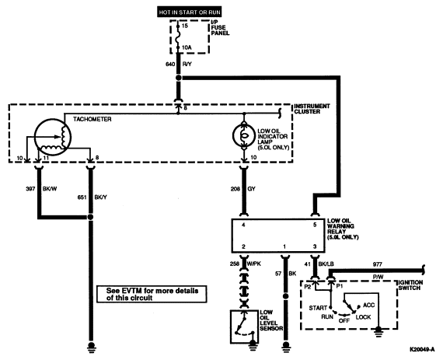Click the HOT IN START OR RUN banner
190,12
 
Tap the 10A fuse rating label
187,47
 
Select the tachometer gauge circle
53,137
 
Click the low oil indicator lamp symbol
244,135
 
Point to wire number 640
170,65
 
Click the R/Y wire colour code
187,65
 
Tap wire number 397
30,188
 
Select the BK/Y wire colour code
100,197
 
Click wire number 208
235,188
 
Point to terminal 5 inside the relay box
315,225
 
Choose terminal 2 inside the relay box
243,246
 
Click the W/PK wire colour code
254,264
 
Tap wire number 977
378,264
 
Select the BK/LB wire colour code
326,264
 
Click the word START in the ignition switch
318,308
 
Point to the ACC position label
368,305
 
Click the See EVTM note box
152,294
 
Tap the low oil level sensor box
244,327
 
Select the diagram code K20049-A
422,350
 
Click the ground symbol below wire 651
91,348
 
